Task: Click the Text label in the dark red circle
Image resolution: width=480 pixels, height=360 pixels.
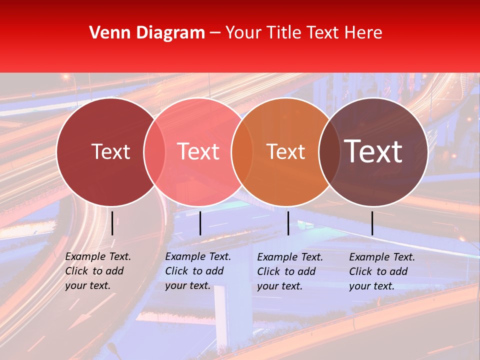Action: [x=110, y=151]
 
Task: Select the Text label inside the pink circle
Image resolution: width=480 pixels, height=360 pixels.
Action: [x=198, y=151]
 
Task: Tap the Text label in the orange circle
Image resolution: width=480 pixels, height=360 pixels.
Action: [x=285, y=151]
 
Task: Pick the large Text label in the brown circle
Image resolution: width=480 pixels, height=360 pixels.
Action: [x=373, y=151]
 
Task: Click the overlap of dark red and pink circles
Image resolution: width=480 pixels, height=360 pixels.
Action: [x=154, y=151]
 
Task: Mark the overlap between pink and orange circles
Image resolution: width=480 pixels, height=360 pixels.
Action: [x=242, y=151]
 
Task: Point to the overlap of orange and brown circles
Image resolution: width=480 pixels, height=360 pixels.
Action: [x=329, y=151]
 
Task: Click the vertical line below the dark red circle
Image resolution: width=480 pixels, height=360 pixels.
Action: [x=112, y=223]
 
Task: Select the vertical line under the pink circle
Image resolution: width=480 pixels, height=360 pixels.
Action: [x=200, y=223]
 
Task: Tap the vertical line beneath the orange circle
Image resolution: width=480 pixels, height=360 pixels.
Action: [x=288, y=223]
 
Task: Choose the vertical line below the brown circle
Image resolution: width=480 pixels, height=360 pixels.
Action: [x=372, y=223]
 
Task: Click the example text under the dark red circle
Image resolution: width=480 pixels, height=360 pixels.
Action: [x=97, y=271]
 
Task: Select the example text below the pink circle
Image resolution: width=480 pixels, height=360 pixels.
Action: [x=197, y=271]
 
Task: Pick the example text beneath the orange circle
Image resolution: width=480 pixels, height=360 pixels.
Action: [x=289, y=271]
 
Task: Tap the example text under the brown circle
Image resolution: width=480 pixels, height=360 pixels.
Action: [x=381, y=271]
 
